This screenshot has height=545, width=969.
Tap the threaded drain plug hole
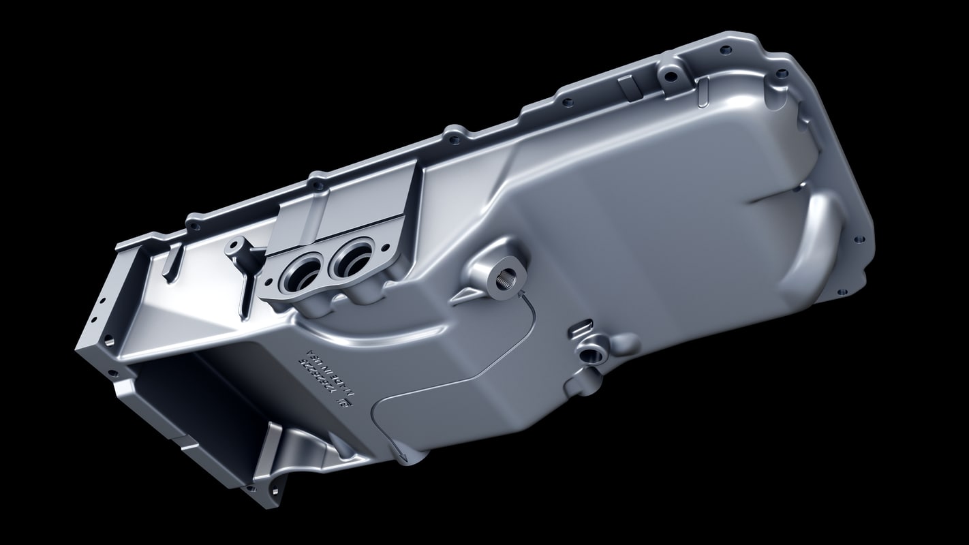508,279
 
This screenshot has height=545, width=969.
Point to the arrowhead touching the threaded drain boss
522,295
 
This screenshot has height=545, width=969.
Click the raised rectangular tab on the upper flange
626,87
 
